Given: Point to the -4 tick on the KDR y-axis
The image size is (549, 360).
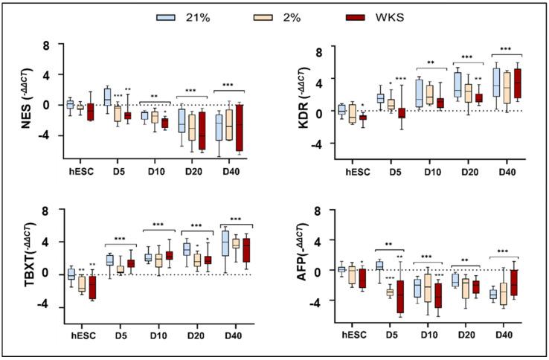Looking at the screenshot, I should [x=315, y=144].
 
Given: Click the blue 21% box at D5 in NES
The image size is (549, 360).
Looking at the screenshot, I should [x=106, y=97].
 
